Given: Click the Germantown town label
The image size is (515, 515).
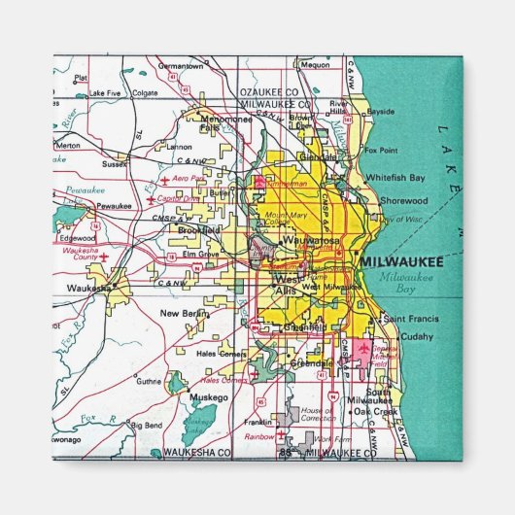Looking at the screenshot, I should click(182, 66).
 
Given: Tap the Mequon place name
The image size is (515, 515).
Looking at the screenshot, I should click(316, 65).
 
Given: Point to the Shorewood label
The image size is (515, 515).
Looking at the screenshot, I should click(405, 200).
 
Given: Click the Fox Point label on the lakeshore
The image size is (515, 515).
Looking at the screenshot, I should click(381, 151).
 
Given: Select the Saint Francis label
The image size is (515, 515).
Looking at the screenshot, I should click(411, 319).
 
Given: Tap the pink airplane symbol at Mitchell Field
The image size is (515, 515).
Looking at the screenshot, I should click(363, 347).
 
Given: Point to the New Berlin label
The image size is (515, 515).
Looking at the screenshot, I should click(184, 313).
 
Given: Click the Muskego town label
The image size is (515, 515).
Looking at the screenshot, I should click(208, 397).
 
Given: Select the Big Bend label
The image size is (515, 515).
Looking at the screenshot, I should click(147, 426).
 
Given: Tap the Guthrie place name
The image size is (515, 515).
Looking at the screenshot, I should click(149, 382).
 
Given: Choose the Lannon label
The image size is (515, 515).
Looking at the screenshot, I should click(180, 147).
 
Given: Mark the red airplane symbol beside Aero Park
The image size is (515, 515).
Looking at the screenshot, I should click(166, 181).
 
